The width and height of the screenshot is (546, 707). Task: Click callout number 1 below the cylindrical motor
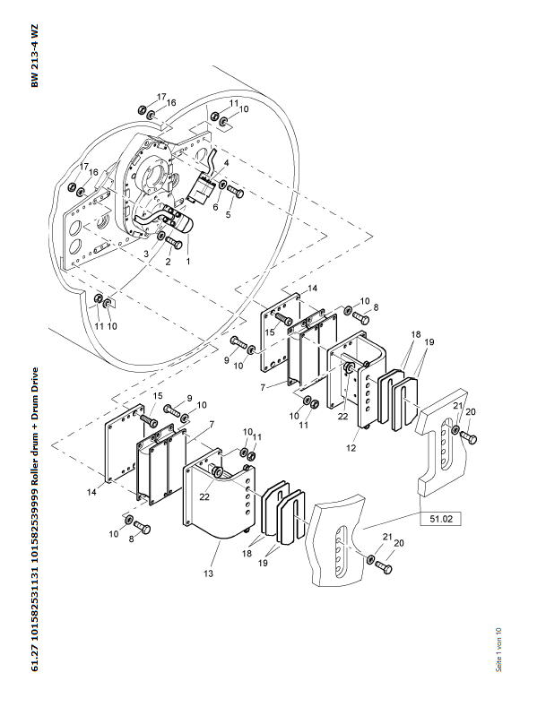(188, 261)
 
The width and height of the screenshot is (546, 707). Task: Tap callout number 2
(169, 262)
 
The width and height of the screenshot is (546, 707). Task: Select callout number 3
(146, 254)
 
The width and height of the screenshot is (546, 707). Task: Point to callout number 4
(226, 163)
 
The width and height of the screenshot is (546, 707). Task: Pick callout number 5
(229, 215)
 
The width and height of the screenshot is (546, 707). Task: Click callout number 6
(215, 207)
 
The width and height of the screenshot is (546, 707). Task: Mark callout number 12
(351, 448)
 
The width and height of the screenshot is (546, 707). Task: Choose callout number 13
(208, 573)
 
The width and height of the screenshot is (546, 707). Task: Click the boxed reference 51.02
(441, 519)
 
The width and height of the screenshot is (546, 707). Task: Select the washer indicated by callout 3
(160, 237)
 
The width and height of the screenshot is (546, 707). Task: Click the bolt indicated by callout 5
(235, 191)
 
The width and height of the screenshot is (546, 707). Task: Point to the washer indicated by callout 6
(223, 185)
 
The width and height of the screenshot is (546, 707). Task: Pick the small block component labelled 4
(201, 188)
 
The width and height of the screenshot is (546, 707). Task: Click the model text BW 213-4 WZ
(35, 56)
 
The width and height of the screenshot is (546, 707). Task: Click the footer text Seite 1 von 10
(498, 650)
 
